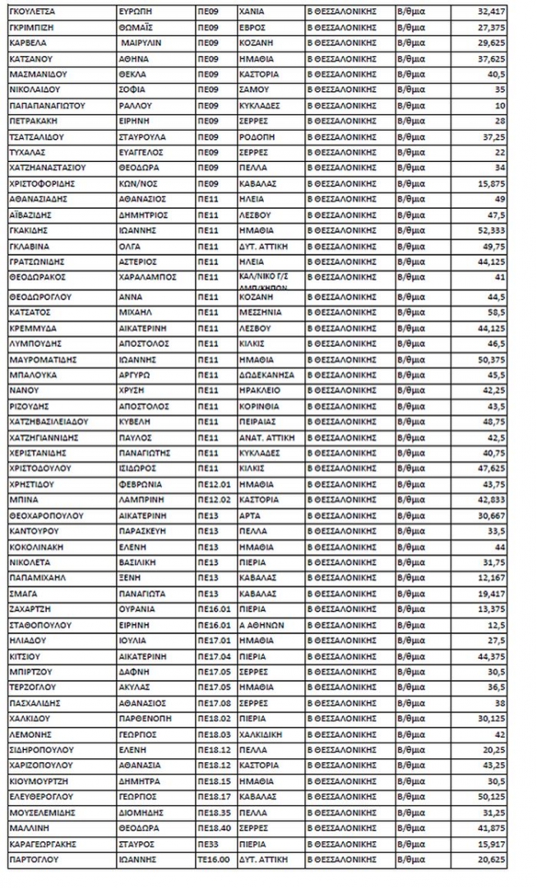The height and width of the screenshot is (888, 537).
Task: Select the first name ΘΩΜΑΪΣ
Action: (139, 27)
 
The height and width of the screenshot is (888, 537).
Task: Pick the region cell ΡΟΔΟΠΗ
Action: (254, 137)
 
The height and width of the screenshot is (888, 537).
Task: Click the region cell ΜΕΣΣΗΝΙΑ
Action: (259, 312)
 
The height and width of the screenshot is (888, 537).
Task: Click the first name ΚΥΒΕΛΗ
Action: (137, 422)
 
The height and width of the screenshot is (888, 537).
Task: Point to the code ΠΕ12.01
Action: (212, 484)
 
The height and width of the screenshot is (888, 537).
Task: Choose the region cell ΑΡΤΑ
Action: (249, 516)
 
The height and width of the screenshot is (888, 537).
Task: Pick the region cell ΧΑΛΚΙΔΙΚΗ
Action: (263, 733)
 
